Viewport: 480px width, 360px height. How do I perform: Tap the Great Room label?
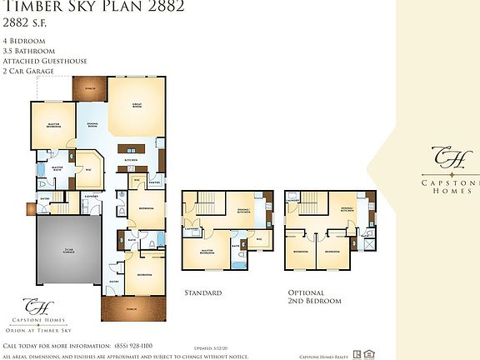pos(136,106)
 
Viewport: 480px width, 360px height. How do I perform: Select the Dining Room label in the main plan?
pos(92,125)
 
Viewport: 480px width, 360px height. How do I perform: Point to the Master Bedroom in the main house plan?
pos(53,124)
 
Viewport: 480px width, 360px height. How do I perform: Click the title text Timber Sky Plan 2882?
pos(92,7)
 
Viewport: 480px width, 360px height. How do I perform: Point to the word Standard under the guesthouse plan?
pos(202,293)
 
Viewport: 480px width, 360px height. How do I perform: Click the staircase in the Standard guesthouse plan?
pos(207,200)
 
